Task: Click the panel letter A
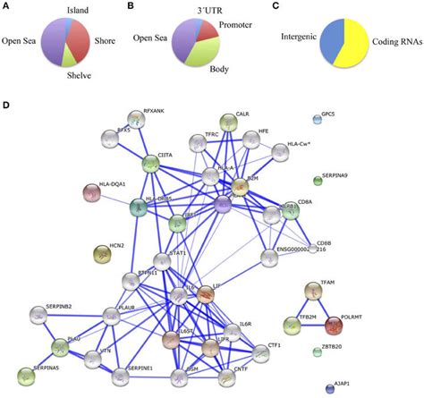click(x=8, y=9)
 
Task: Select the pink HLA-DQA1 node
click(x=91, y=192)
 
